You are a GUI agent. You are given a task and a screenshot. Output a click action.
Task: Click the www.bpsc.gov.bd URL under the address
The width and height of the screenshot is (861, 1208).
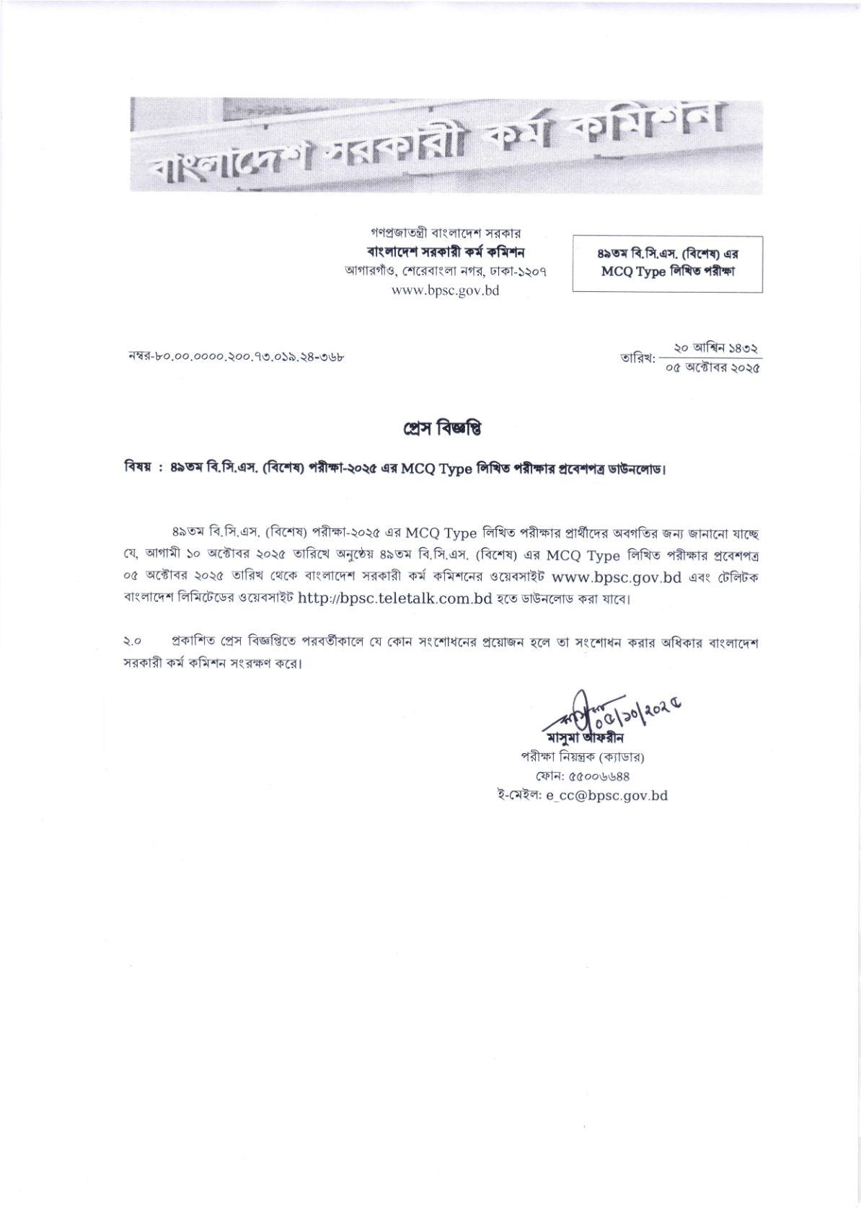point(445,290)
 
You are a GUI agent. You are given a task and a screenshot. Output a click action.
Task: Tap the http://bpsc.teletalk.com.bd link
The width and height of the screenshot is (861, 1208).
point(394,598)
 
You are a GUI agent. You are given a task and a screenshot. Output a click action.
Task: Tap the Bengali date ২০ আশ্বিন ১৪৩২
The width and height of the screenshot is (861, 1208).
point(711,348)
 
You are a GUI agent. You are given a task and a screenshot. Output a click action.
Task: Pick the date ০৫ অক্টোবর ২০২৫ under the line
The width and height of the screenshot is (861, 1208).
point(711,368)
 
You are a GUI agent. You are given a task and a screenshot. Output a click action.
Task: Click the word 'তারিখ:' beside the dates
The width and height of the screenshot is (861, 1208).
point(637,357)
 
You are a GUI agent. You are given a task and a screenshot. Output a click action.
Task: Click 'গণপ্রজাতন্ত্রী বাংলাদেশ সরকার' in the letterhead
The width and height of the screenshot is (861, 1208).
point(445,234)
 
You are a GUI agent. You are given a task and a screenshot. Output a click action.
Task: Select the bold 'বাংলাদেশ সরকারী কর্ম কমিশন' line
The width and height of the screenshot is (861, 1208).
point(445,252)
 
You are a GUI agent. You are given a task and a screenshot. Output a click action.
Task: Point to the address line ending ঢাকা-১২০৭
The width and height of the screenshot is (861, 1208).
point(445,272)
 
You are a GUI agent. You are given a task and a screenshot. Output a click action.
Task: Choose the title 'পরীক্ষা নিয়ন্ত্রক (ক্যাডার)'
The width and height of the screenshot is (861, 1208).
point(582,758)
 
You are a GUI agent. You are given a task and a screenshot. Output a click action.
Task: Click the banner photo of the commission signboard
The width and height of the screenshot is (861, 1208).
point(445,146)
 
